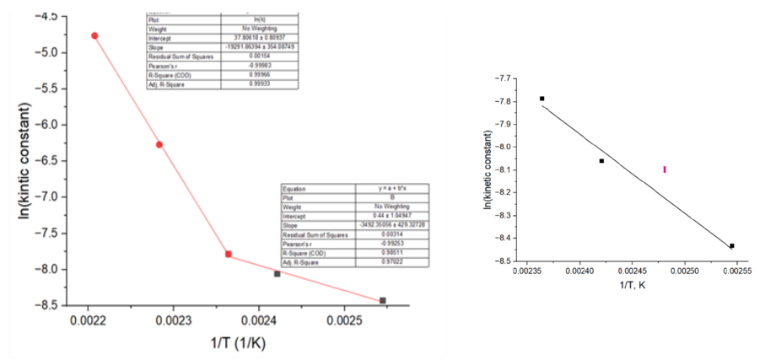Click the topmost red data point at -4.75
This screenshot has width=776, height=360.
click(94, 35)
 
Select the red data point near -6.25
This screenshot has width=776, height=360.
click(159, 145)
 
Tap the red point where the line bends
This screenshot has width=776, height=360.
click(229, 254)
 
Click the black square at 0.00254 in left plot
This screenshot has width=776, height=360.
click(382, 300)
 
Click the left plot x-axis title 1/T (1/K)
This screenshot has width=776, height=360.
click(238, 346)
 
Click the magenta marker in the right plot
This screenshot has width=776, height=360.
click(665, 169)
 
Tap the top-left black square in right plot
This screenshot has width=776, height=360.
click(542, 99)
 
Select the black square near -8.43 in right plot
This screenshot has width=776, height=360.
click(731, 246)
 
